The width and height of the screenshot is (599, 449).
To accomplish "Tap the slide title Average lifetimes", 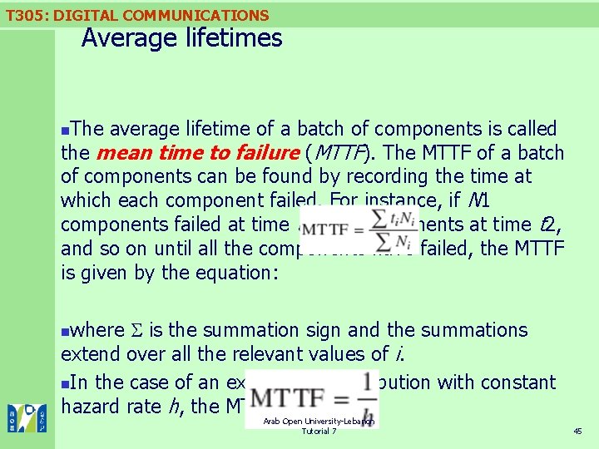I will click(x=181, y=38).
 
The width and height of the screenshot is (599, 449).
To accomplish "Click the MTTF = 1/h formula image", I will click(x=312, y=399).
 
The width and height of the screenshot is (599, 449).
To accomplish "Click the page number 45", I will click(x=577, y=431).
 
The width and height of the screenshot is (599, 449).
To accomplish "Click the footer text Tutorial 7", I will click(x=319, y=432).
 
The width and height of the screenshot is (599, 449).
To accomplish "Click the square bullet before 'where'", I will click(x=67, y=331).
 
